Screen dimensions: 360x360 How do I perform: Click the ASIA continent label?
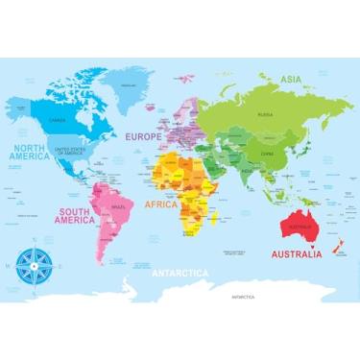tap(291, 80)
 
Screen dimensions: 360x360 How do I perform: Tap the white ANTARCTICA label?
tap(180, 273)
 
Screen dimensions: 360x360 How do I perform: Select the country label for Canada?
tap(58, 121)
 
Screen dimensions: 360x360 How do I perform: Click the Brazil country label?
tap(118, 207)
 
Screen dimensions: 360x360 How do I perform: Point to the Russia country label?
tap(265, 114)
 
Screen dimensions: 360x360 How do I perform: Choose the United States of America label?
tap(69, 152)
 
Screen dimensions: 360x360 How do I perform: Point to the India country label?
tap(246, 173)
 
